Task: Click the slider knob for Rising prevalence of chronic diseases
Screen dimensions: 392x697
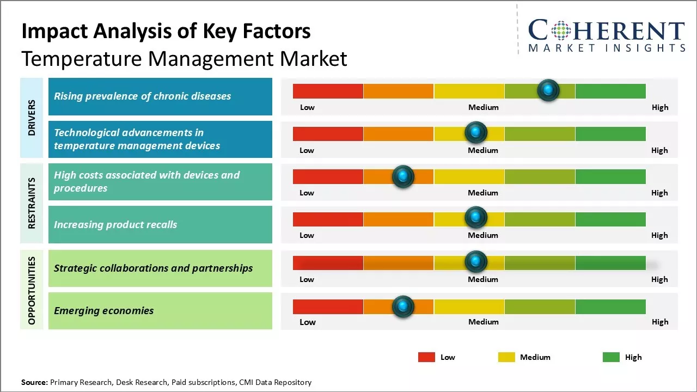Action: coord(548,90)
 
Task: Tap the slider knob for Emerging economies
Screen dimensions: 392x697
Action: coord(403,307)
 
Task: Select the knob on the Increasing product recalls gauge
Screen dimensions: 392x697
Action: coord(476,218)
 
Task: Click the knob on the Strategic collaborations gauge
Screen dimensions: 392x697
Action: coord(476,262)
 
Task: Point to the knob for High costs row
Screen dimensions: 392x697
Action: coord(403,176)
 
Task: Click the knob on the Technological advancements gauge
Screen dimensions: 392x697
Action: coord(476,132)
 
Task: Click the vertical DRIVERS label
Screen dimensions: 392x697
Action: coord(32,118)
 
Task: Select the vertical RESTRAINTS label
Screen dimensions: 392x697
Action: coord(32,203)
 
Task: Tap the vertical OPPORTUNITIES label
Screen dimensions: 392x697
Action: coord(32,290)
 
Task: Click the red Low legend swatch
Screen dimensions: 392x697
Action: coord(426,357)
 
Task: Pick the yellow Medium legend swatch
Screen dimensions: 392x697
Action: coord(506,357)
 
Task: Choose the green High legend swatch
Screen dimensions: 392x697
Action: coord(611,357)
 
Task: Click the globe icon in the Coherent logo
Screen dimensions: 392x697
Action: coord(560,30)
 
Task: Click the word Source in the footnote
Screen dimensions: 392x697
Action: coord(34,382)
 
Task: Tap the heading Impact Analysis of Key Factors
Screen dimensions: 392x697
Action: coord(166,31)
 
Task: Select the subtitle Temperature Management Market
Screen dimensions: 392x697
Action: coord(184,58)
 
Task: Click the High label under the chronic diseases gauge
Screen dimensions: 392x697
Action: coord(659,107)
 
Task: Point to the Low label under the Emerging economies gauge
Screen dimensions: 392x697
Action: coord(307,322)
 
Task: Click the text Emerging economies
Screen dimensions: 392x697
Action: coord(103,311)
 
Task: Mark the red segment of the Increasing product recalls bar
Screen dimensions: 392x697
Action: coord(328,219)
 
